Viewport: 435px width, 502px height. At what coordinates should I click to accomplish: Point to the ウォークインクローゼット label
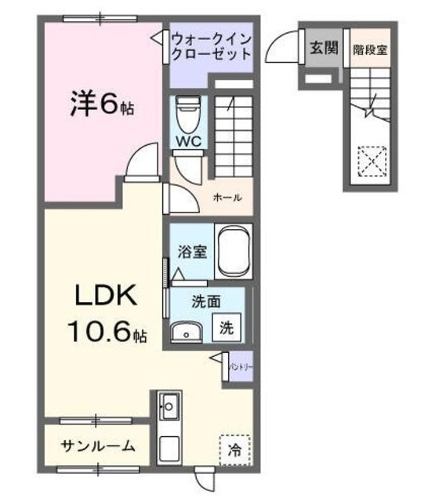tap(212, 46)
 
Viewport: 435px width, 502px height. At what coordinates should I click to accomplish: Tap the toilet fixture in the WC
tap(188, 114)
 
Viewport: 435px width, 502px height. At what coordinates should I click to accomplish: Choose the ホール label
tap(227, 198)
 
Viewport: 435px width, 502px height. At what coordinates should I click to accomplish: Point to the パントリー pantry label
tap(240, 366)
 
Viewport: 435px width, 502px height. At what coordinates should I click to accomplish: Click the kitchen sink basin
tap(169, 406)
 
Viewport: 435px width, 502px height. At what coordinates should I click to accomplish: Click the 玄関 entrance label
tap(323, 49)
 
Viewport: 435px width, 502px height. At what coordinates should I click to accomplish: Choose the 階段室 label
tap(368, 49)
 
